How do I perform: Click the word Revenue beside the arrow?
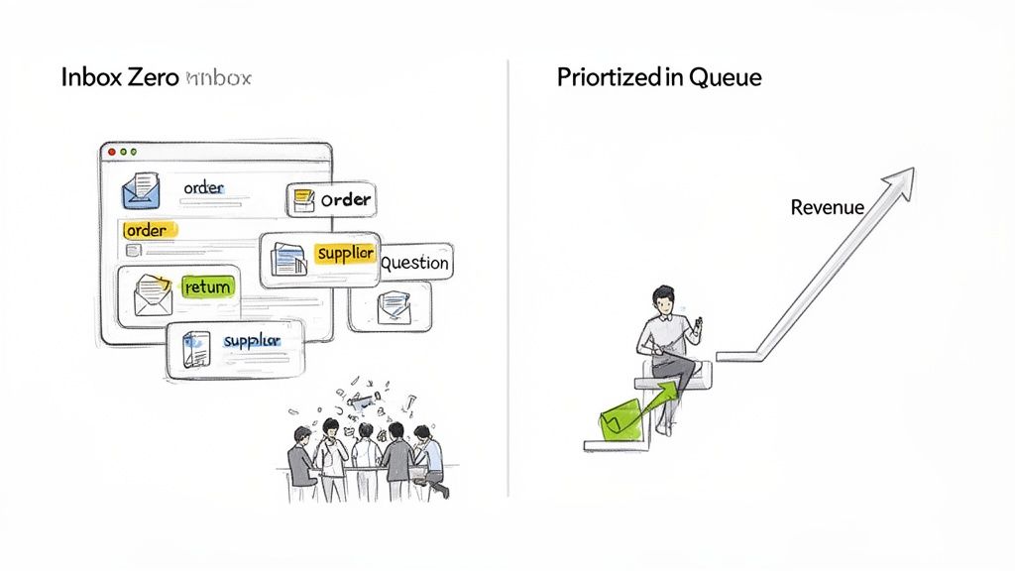click(x=827, y=208)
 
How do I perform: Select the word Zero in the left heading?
click(x=152, y=77)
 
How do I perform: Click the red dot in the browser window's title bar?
click(x=112, y=152)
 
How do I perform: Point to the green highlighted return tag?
click(x=207, y=287)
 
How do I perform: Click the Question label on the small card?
click(x=414, y=263)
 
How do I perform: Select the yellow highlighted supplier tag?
click(x=345, y=254)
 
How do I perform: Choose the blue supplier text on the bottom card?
click(x=252, y=341)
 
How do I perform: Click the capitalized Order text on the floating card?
click(x=345, y=199)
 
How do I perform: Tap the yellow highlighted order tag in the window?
click(x=147, y=230)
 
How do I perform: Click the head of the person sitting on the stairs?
click(x=663, y=298)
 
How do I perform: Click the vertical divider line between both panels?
click(x=508, y=278)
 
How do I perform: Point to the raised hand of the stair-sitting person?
click(x=698, y=326)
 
